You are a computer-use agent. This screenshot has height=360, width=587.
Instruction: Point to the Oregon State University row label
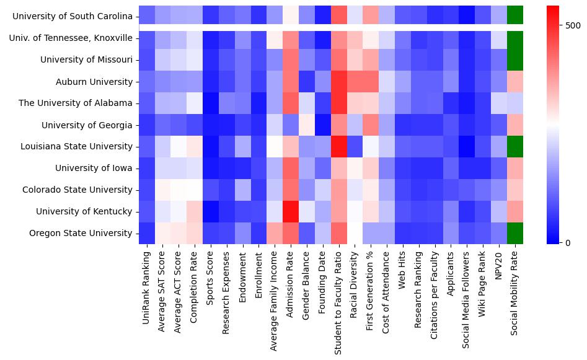point(81,234)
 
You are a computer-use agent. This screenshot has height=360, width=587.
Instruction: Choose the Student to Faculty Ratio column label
point(338,298)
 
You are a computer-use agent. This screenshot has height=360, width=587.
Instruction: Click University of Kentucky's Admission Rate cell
point(291,212)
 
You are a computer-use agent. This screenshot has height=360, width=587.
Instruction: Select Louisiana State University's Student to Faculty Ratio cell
point(338,147)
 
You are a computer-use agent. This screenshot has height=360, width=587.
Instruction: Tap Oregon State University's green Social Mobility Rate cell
point(515,234)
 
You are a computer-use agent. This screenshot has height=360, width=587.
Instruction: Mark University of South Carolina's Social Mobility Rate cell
point(515,14)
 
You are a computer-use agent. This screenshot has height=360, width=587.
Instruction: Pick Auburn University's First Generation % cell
point(371,82)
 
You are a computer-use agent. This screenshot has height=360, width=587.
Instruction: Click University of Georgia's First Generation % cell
point(371,125)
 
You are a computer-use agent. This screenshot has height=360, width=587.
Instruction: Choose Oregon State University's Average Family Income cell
point(275,234)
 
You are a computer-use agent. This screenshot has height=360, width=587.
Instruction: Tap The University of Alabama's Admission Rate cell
point(291,103)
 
